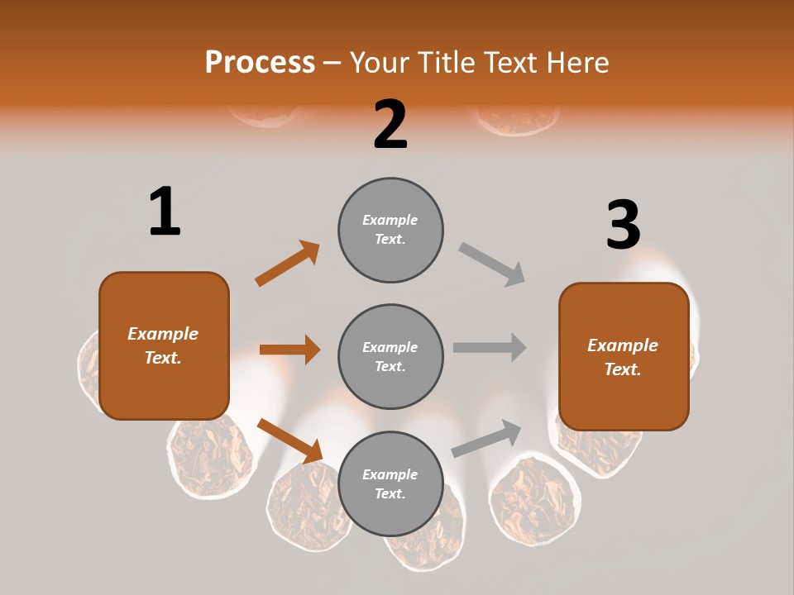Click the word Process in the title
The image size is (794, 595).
click(x=260, y=62)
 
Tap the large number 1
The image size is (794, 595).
click(x=165, y=212)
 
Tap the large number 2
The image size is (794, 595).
click(x=390, y=125)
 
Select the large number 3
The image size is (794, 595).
click(x=623, y=225)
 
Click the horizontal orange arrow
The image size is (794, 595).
click(x=289, y=350)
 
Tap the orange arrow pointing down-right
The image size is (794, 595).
click(x=289, y=440)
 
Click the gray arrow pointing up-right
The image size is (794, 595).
click(x=487, y=438)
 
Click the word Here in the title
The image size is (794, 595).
click(x=578, y=62)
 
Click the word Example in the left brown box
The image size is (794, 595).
click(x=163, y=334)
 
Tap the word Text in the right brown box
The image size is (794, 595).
click(x=621, y=369)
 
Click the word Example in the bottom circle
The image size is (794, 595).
click(x=390, y=474)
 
